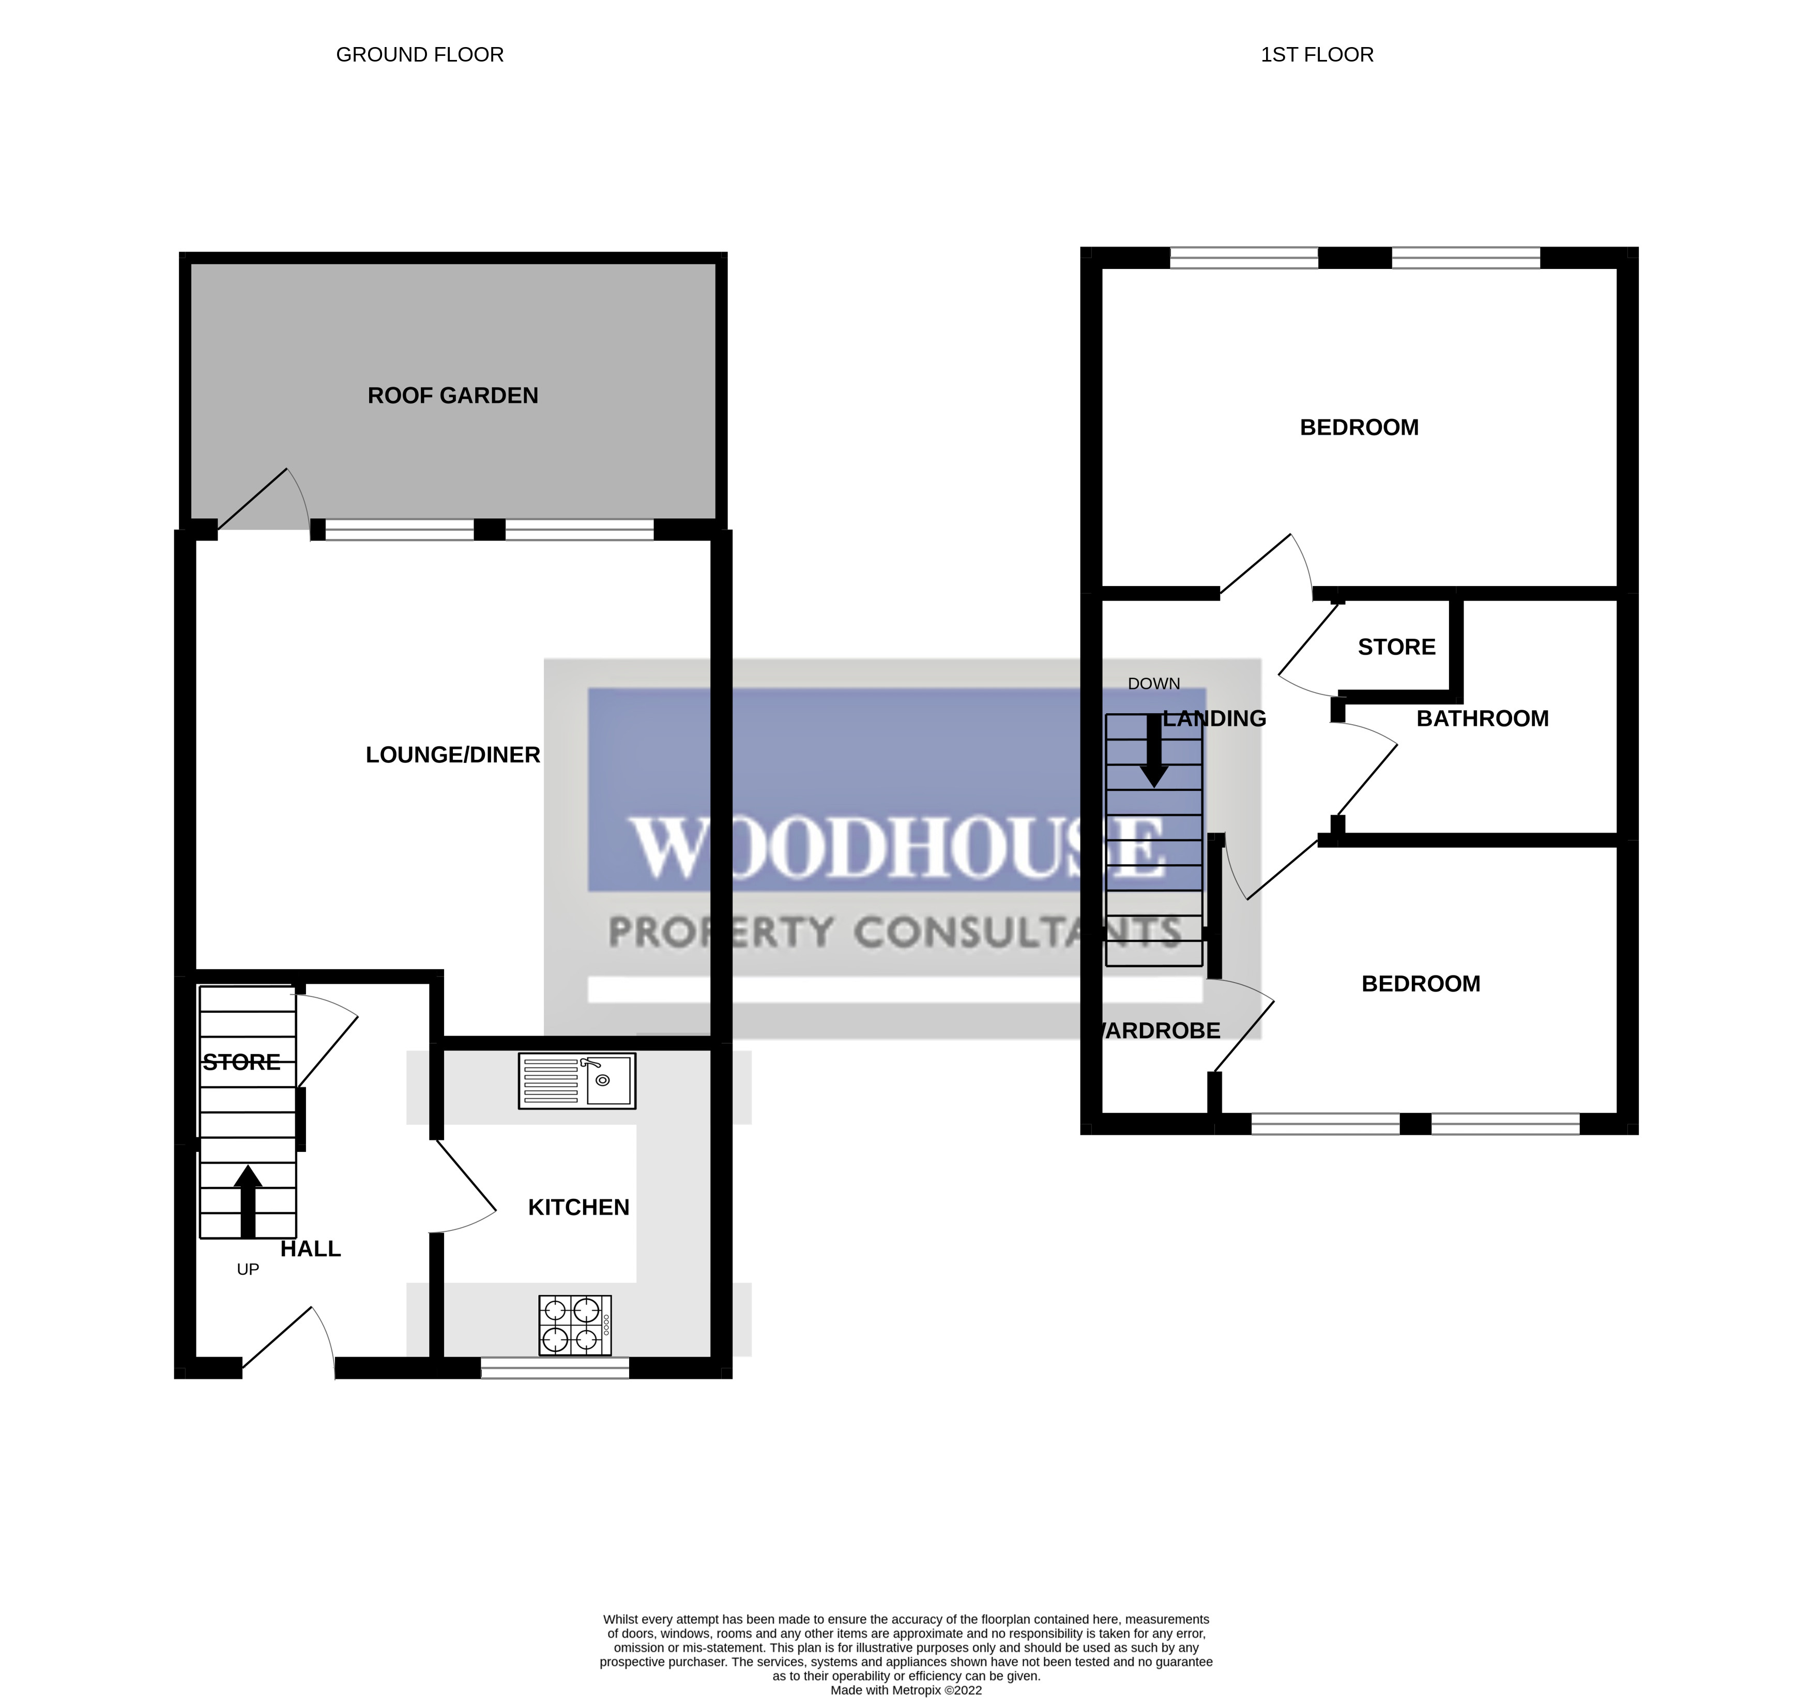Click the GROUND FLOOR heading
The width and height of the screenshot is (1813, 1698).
[x=419, y=55]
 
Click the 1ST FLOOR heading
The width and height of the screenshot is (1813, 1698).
[x=1317, y=55]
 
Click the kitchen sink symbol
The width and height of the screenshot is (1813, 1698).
[x=576, y=1081]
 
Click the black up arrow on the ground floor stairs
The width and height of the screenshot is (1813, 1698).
[x=247, y=1201]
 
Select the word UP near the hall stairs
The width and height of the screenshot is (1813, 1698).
[x=248, y=1269]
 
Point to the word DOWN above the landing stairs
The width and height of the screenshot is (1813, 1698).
[x=1154, y=683]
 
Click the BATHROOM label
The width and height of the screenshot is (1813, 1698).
[x=1482, y=718]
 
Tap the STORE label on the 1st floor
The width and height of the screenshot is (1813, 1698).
[x=1396, y=647]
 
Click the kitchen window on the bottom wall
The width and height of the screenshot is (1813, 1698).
[x=555, y=1367]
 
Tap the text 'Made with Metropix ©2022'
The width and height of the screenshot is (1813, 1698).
[x=906, y=1690]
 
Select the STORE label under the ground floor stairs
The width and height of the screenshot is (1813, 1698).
[x=241, y=1062]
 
